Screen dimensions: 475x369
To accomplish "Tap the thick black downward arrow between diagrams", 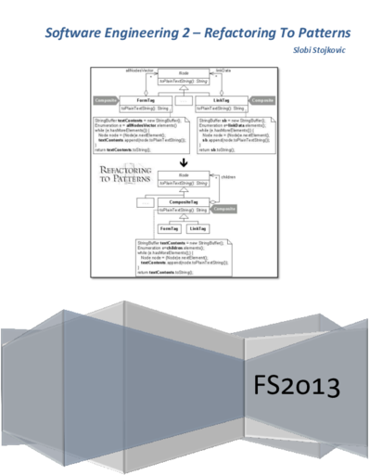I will click(185, 160).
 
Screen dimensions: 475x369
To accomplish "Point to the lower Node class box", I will click(185, 176).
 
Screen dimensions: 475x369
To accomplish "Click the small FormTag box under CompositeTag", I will click(169, 227).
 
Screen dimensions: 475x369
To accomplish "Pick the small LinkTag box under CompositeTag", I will click(197, 227).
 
